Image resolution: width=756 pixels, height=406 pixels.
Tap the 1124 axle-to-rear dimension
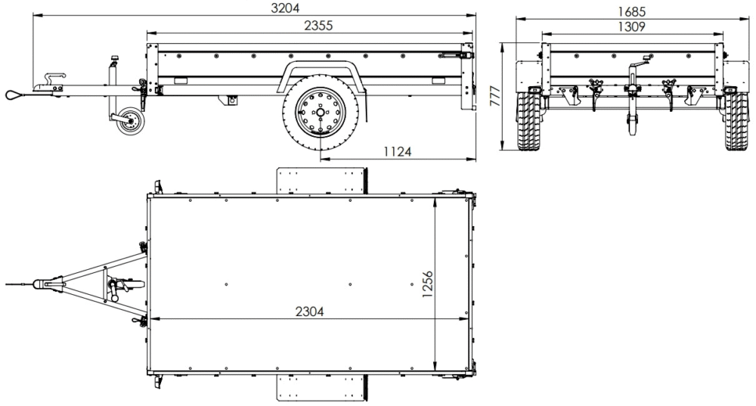click(396, 151)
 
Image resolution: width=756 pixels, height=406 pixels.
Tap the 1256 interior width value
click(427, 284)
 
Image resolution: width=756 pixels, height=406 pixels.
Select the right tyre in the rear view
click(735, 122)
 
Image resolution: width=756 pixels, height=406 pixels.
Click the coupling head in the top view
click(50, 284)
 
